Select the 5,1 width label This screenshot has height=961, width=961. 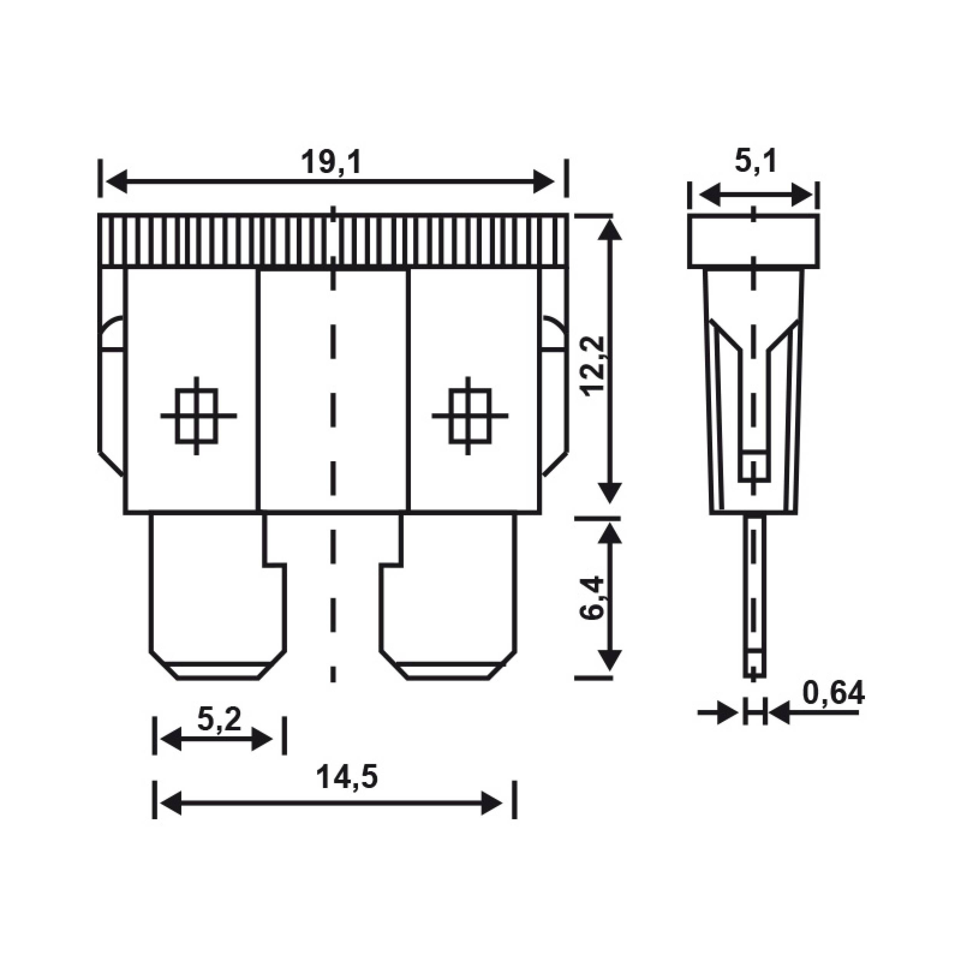point(755,161)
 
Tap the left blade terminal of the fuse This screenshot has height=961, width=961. point(218,597)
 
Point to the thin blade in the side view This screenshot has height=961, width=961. point(755,597)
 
